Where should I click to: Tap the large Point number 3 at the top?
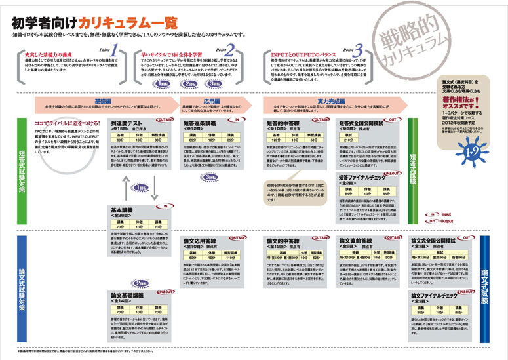359,50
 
